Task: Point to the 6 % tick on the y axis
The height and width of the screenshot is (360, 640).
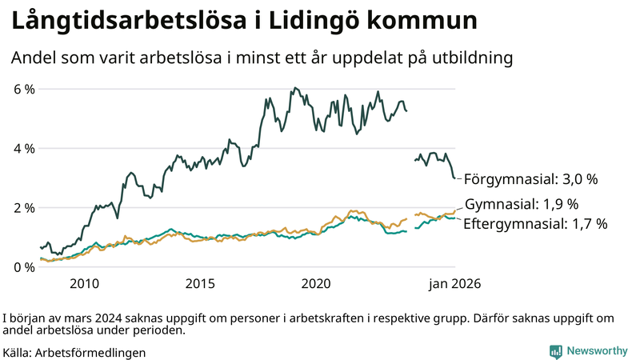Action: [24, 89]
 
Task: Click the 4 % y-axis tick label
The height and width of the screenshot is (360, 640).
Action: [24, 148]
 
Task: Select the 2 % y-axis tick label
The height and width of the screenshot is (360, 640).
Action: [24, 207]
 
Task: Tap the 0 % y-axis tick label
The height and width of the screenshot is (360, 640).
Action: [24, 266]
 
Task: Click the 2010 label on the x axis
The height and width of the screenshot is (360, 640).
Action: [84, 283]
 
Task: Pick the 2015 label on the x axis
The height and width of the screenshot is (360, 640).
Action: [201, 283]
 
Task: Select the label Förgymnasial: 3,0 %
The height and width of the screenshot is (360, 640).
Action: [531, 178]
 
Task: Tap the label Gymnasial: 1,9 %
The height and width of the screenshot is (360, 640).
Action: [521, 203]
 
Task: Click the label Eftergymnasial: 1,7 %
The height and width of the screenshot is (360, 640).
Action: [535, 223]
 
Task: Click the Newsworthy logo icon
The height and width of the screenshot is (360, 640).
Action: [555, 351]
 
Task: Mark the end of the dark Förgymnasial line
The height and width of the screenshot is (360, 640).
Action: [455, 178]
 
